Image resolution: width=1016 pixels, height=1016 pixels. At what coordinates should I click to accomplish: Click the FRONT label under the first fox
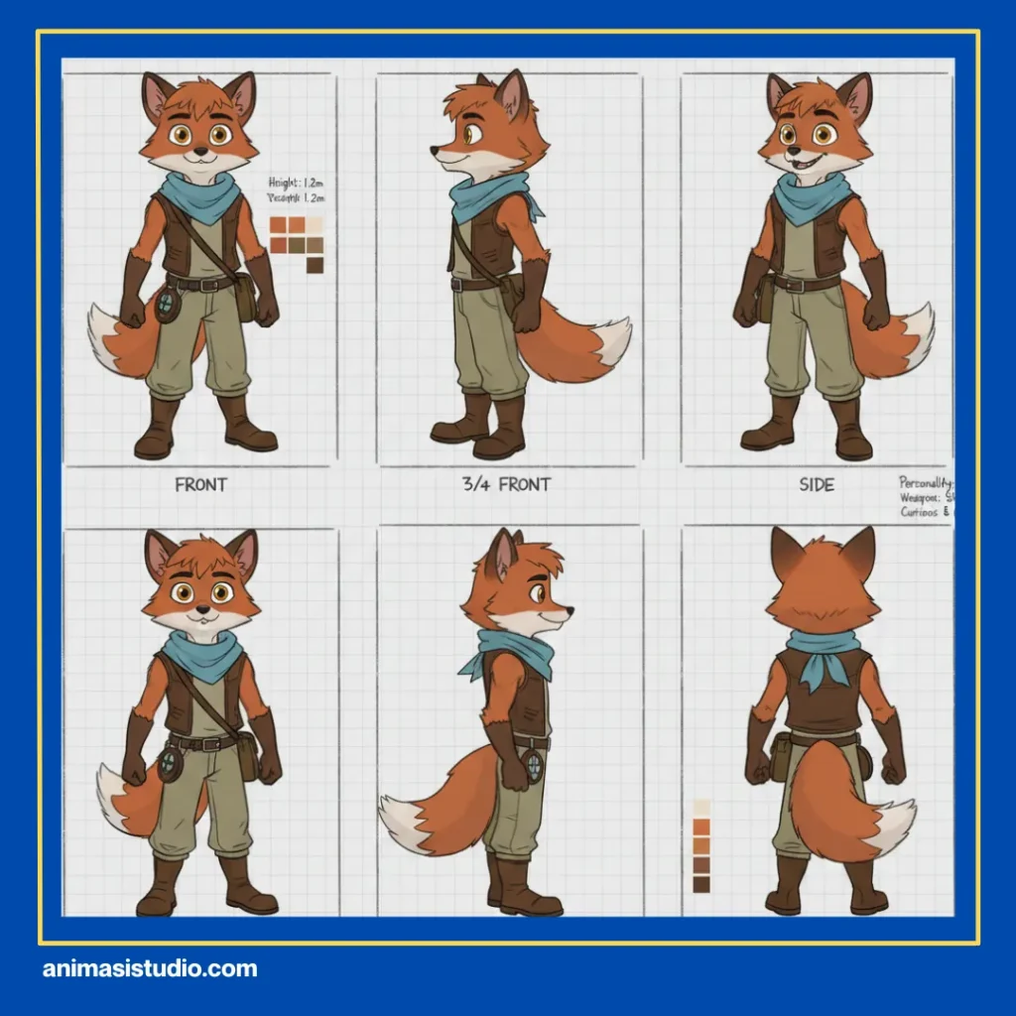click(200, 484)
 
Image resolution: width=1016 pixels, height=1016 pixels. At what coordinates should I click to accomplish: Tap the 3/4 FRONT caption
click(506, 484)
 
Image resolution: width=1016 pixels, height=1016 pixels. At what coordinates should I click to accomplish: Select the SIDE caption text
click(817, 484)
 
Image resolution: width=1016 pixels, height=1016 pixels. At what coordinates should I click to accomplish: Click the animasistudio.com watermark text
click(150, 969)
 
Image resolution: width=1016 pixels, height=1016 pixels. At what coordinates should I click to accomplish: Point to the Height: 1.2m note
click(297, 183)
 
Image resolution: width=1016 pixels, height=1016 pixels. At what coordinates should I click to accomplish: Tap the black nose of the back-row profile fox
click(569, 613)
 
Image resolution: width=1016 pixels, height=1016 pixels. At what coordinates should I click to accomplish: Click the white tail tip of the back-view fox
click(895, 828)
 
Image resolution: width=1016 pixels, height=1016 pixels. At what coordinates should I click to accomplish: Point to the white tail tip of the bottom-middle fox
click(402, 819)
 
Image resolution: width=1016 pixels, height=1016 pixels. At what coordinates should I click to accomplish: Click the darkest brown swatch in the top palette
click(315, 265)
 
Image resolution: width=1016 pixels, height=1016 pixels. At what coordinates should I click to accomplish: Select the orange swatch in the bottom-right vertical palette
click(701, 826)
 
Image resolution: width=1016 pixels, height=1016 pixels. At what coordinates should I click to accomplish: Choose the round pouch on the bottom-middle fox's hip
click(534, 766)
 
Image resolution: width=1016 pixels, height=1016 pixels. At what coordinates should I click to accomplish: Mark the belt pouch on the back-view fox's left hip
click(781, 758)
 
